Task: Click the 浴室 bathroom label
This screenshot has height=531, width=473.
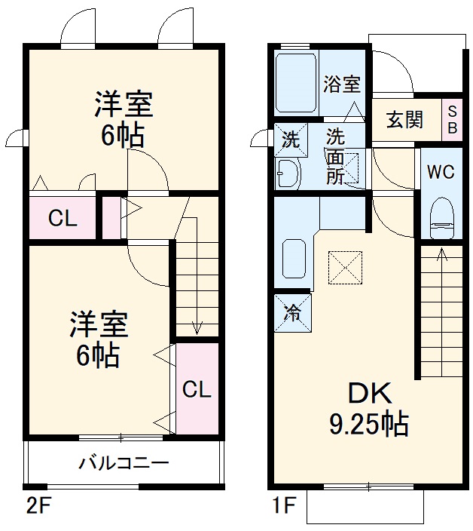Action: pos(342,84)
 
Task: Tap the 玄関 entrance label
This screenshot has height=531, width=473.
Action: pos(405,119)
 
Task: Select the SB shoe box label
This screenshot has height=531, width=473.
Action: pos(452,119)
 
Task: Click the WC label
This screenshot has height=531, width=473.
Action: pos(441,172)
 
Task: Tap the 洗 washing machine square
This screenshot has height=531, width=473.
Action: pos(290,139)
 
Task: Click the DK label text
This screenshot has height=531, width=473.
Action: pos(368,394)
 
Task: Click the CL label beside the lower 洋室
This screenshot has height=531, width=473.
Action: pos(196,390)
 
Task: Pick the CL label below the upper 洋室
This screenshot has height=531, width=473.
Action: pos(63,219)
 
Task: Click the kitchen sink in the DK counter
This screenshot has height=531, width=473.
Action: pos(293,263)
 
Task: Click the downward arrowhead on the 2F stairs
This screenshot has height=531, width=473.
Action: pos(197,327)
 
